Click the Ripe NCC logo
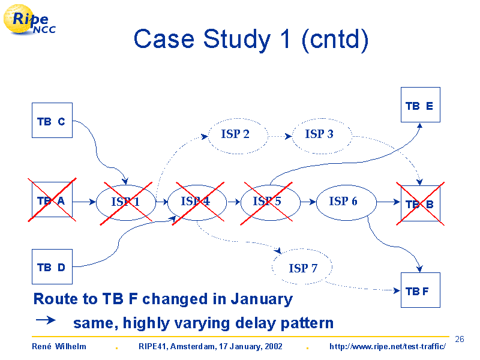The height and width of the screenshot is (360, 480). (29, 20)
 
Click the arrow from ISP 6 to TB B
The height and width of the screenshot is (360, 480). (388, 202)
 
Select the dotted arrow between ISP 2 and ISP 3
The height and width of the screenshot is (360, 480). (280, 136)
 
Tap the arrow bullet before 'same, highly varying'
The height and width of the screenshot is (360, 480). (46, 320)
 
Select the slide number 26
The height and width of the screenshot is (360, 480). (460, 339)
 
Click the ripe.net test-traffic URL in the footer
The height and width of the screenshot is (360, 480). (388, 346)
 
